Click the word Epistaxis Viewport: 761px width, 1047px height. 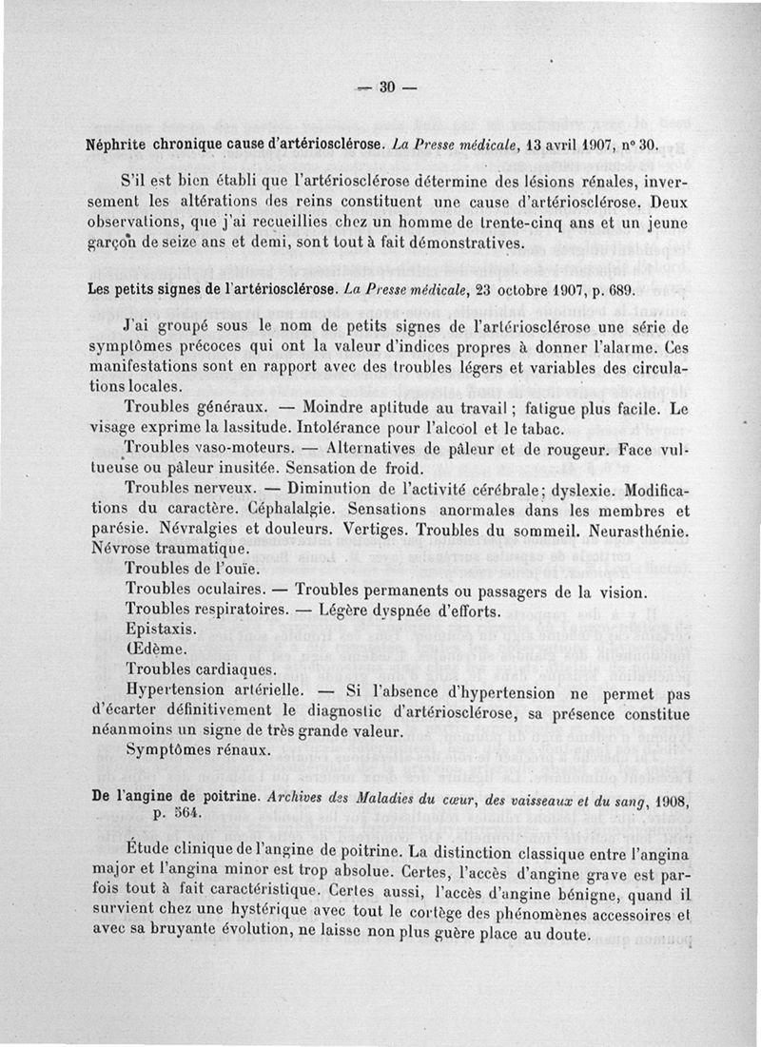click(162, 630)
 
